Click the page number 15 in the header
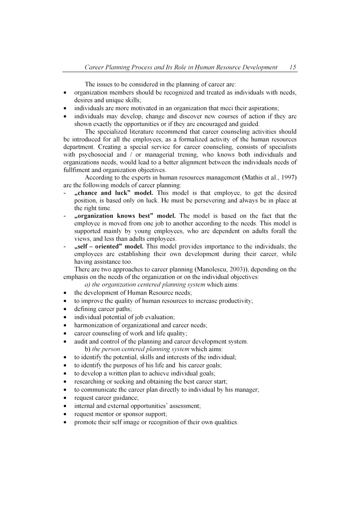(x=293, y=67)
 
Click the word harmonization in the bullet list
(x=93, y=325)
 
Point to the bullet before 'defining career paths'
(x=65, y=309)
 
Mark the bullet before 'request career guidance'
(x=65, y=398)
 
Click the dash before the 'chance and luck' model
(x=65, y=193)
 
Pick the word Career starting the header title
(x=94, y=67)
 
